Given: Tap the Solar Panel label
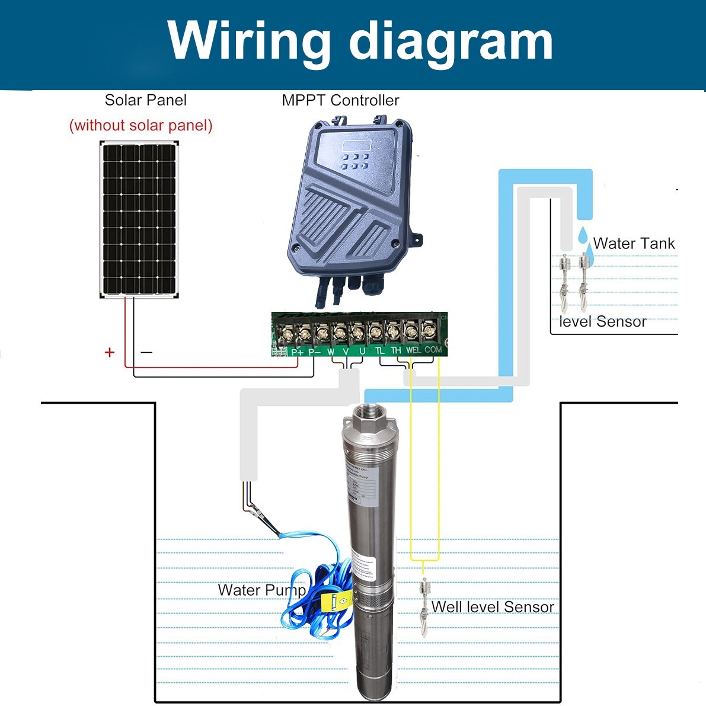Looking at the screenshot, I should tap(145, 100).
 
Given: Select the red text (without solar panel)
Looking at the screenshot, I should tap(140, 126).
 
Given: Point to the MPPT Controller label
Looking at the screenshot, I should tap(340, 100).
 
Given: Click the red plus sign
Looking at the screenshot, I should tap(109, 353).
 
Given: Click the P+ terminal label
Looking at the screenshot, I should tap(298, 351).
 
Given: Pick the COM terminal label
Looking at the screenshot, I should tap(433, 350).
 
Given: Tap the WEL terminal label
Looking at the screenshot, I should tap(413, 350).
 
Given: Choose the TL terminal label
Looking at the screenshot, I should tap(380, 350).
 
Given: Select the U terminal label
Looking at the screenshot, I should tap(362, 351).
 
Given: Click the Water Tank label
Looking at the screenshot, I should tap(634, 243).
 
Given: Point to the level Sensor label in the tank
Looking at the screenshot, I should tap(602, 321).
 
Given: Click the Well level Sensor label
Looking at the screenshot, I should tap(493, 606).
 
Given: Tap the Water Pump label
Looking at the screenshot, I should tap(261, 590).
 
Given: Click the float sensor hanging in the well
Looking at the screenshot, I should tap(424, 605).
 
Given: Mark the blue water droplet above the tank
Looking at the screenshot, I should tap(583, 233).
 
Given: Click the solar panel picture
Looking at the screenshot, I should tap(139, 220).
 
